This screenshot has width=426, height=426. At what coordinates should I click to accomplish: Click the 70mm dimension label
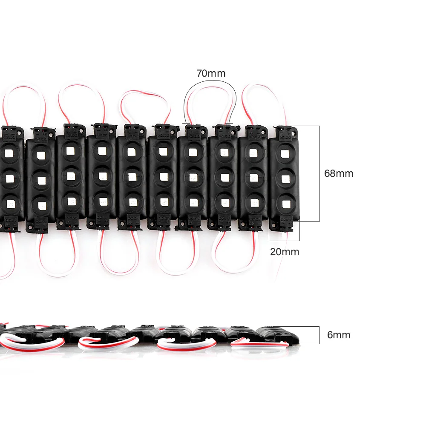(211, 73)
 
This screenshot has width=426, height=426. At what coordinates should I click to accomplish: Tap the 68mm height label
(339, 173)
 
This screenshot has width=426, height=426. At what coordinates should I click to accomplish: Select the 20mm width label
(285, 252)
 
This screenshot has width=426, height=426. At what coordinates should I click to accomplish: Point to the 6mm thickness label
(339, 335)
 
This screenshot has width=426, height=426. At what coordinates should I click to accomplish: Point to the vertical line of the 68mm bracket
(319, 173)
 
